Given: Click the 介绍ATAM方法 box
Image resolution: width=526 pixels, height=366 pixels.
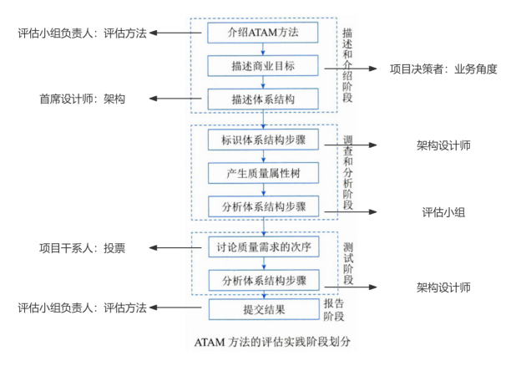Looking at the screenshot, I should coord(263,33).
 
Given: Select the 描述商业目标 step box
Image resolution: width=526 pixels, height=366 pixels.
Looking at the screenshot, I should coord(263,65).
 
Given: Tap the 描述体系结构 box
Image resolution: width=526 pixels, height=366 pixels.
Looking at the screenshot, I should coord(263,99).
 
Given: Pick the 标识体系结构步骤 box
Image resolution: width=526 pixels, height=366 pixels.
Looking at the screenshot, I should coord(263,139).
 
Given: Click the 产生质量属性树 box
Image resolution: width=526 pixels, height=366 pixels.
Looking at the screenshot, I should coord(263,172).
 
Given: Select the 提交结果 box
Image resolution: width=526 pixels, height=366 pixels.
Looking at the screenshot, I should coord(263,310).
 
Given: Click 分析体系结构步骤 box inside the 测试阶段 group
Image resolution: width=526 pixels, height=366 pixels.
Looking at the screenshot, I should coord(263,279).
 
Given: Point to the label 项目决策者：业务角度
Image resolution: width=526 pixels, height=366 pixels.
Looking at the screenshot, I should coord(443,69).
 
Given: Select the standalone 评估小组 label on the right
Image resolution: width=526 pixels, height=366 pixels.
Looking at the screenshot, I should coord(443,212).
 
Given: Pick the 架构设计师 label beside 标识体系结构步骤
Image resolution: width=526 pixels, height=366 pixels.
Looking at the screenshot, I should coord(443,145).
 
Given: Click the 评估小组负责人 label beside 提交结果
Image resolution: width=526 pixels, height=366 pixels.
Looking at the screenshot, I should coord(82,308).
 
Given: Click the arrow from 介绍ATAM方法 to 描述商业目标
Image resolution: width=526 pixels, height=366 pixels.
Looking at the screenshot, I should coord(263,49).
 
